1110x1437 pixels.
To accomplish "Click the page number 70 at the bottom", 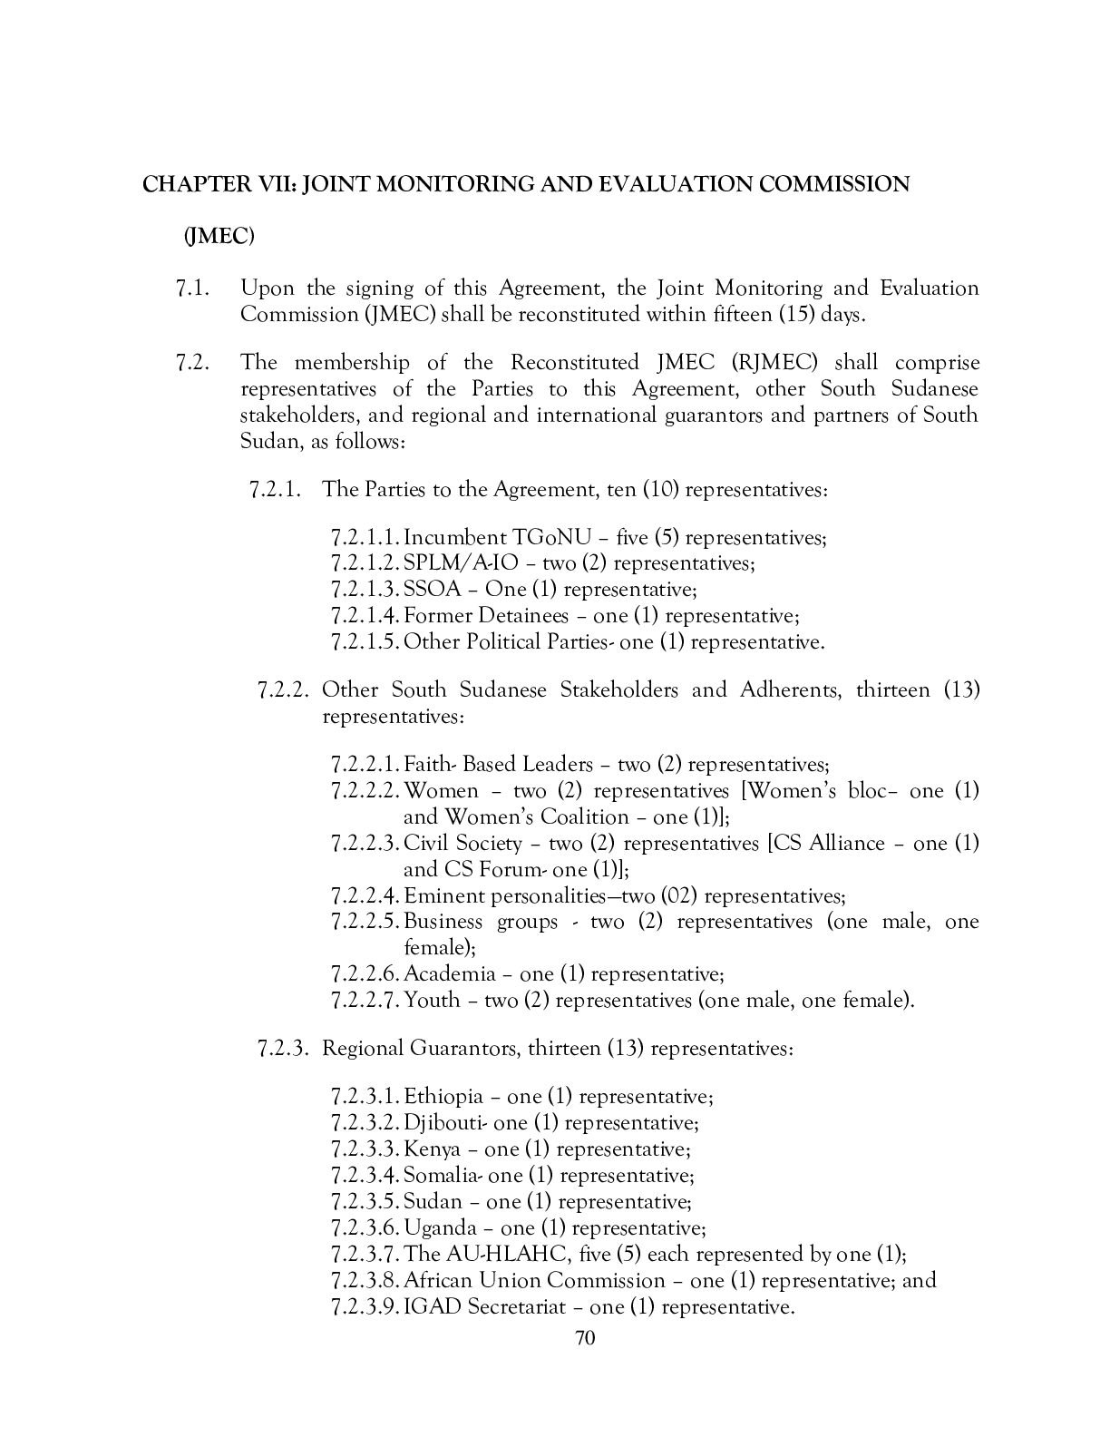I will pyautogui.click(x=584, y=1338).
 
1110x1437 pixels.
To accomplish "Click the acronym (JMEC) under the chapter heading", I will pyautogui.click(x=219, y=236).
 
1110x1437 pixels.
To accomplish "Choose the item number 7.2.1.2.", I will pyautogui.click(x=365, y=563).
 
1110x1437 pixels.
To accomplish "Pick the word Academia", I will pyautogui.click(x=450, y=974).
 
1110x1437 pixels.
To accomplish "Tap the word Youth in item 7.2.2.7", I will pyautogui.click(x=432, y=1001).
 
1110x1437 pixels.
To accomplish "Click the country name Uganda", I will pyautogui.click(x=440, y=1228).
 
